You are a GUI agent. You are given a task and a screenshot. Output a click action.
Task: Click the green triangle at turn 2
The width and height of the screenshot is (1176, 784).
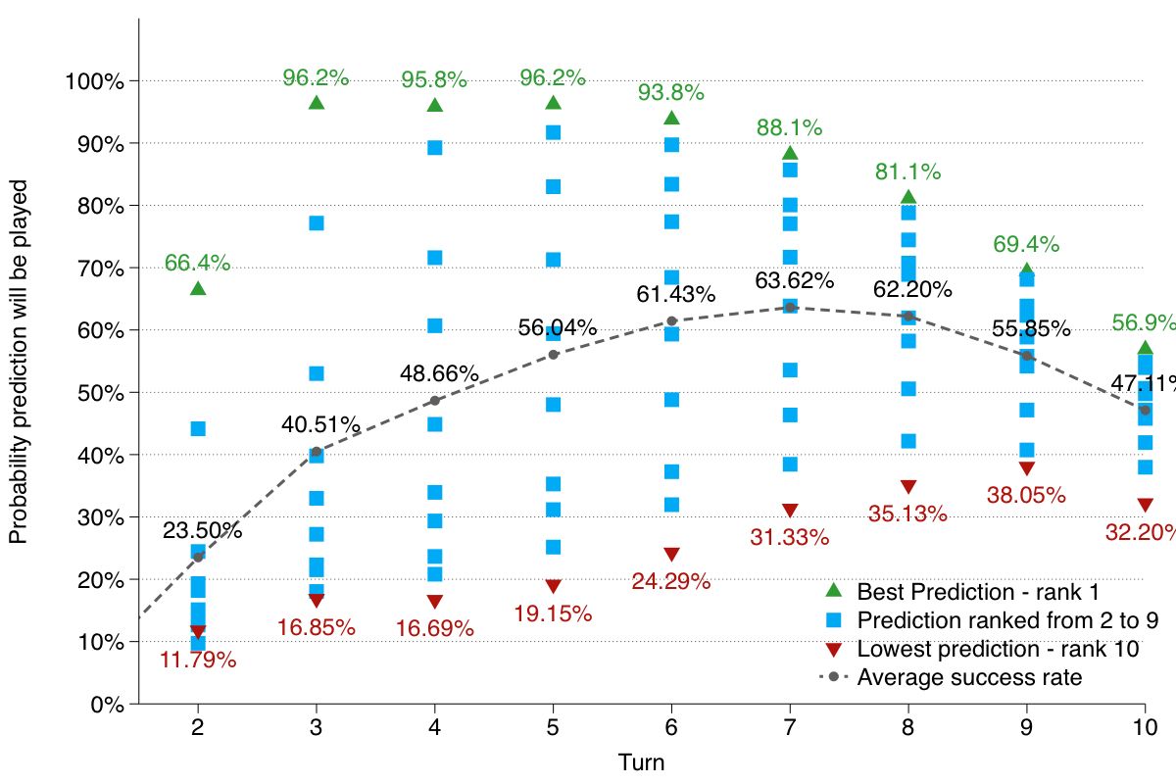pyautogui.click(x=198, y=288)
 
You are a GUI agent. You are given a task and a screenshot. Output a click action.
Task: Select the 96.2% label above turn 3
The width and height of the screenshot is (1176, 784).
pyautogui.click(x=317, y=76)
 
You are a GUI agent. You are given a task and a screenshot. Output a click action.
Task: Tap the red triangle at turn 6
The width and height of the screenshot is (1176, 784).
pyautogui.click(x=671, y=555)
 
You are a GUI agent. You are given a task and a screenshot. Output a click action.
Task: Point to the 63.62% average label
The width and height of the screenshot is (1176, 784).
pyautogui.click(x=794, y=281)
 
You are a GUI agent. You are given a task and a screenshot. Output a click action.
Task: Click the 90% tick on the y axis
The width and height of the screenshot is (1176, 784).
pyautogui.click(x=95, y=143)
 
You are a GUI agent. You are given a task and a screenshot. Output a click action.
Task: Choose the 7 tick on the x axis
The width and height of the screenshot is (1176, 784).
pyautogui.click(x=790, y=727)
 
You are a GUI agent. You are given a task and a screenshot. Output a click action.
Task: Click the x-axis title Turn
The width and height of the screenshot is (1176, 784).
pyautogui.click(x=642, y=761)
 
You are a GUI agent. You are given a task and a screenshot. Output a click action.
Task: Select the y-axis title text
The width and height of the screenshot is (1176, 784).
pyautogui.click(x=20, y=361)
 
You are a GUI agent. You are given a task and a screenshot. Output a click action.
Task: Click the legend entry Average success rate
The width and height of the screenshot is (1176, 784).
pyautogui.click(x=969, y=677)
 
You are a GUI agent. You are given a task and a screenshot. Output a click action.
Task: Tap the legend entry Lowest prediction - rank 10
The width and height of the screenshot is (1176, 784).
pyautogui.click(x=997, y=649)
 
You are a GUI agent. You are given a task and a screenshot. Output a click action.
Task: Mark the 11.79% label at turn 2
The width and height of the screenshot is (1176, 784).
pyautogui.click(x=198, y=661)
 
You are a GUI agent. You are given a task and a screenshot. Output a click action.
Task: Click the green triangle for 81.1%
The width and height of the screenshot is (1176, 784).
pyautogui.click(x=908, y=198)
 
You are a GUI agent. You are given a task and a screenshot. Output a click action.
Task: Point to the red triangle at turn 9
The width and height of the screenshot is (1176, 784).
pyautogui.click(x=1027, y=468)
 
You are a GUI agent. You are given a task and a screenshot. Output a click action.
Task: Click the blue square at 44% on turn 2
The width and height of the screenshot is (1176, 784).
pyautogui.click(x=198, y=428)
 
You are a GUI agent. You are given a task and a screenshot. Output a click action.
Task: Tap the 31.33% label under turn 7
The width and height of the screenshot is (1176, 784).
pyautogui.click(x=790, y=537)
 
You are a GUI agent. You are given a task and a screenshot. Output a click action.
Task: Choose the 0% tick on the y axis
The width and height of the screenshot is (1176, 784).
pyautogui.click(x=100, y=704)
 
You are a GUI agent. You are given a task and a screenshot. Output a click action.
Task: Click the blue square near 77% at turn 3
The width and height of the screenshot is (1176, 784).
pyautogui.click(x=317, y=222)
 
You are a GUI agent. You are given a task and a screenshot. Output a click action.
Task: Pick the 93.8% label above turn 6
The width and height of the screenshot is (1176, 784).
pyautogui.click(x=671, y=93)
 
